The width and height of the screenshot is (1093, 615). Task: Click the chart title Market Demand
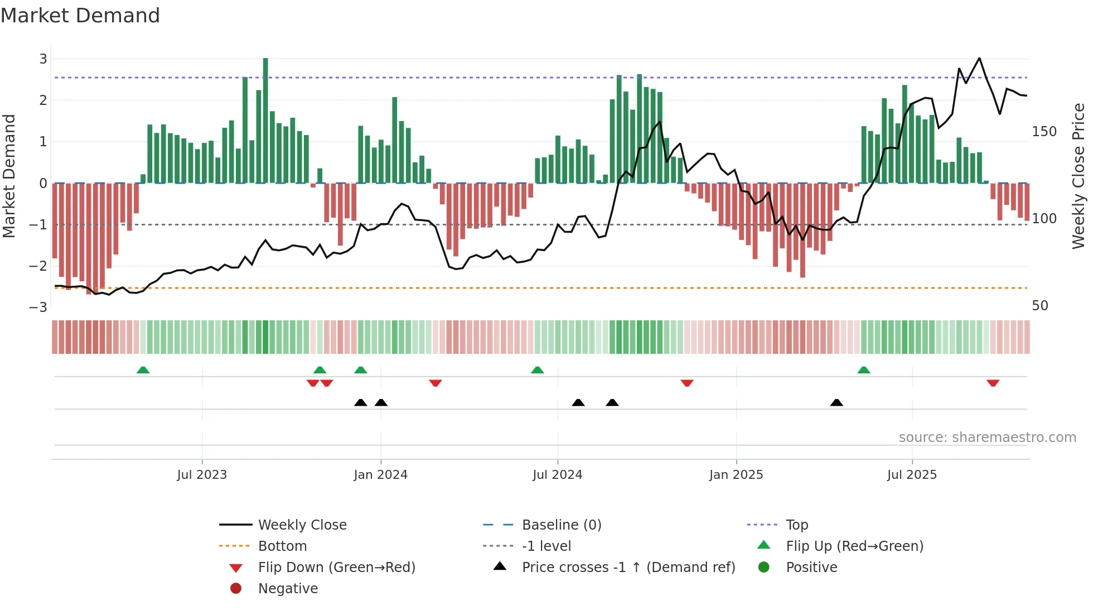pos(80,16)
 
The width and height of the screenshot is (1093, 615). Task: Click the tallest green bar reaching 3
pos(265,120)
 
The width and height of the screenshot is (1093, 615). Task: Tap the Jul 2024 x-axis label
pos(557,475)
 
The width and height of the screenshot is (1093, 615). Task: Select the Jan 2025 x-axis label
pos(736,475)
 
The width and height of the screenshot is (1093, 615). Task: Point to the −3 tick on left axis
pos(38,307)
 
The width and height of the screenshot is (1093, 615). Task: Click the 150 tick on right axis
pos(1044,132)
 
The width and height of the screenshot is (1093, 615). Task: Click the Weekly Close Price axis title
pos(1079,176)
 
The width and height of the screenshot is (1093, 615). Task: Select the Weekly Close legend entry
pos(302,525)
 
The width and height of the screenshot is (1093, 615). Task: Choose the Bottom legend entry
pos(282,546)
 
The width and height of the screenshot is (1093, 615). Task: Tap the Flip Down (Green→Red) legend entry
pos(336,567)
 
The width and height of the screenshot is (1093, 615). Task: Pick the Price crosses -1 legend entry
pos(628,567)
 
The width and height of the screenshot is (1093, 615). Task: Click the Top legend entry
pos(796,525)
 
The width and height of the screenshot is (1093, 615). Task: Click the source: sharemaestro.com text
pos(987,438)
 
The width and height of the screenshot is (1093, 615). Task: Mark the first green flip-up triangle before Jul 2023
pos(143,370)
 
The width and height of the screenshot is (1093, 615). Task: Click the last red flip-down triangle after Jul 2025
pos(993,383)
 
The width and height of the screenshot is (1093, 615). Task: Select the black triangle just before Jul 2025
pos(836,402)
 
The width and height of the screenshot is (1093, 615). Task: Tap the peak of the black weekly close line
pos(979,59)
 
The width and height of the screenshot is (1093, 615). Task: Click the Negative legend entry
pos(288,588)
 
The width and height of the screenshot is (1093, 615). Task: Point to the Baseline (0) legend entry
pos(561,525)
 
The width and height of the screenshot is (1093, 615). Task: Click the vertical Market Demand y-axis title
pos(9,176)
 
